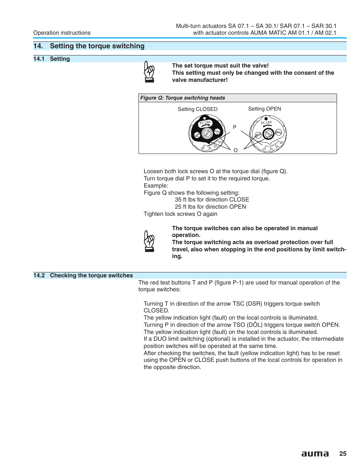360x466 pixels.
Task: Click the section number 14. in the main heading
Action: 38,46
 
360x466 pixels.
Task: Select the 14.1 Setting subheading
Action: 52,59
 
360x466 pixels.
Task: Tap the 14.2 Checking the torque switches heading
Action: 83,275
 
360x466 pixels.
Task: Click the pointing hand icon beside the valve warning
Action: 149,72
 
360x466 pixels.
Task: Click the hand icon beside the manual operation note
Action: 149,241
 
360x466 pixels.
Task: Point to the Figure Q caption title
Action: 182,98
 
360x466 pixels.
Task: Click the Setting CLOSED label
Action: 197,109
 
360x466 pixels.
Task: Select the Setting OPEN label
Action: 264,109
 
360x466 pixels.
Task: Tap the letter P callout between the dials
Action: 235,127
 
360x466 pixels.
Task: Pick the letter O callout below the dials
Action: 235,150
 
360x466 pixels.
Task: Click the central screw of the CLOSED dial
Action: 207,133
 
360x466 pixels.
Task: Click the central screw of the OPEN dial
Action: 268,134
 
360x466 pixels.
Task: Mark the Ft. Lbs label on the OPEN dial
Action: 266,123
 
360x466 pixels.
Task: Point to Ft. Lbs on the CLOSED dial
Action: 205,123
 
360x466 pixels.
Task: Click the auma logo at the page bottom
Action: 315,454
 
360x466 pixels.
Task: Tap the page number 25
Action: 343,454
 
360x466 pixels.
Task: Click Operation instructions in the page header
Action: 62,33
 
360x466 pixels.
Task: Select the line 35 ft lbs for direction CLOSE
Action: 212,200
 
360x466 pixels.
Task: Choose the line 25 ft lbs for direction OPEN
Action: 210,207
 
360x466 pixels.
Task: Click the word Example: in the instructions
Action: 156,186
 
